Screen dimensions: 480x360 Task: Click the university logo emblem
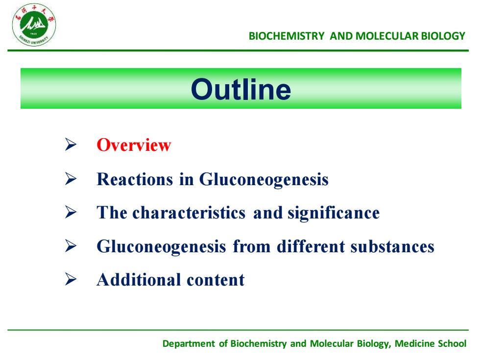tap(34, 25)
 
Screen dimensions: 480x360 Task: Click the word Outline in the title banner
tap(241, 89)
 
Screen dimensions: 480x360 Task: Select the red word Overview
tap(134, 145)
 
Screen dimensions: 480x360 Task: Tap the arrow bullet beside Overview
tap(71, 144)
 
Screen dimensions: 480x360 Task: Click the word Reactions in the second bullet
tap(135, 179)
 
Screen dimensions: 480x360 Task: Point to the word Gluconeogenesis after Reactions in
tap(264, 180)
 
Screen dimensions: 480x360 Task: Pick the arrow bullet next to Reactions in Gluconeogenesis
tap(71, 178)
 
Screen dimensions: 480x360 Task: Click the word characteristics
tap(189, 213)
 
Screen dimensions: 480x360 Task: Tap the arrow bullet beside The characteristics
tap(71, 212)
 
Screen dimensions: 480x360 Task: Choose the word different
tap(311, 246)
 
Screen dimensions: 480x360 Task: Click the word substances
tap(392, 246)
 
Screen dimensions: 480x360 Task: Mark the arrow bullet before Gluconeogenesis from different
tap(71, 246)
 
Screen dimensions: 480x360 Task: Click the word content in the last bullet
tap(216, 280)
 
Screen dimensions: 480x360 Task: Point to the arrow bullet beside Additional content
tap(71, 279)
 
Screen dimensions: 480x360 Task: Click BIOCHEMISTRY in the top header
tap(287, 36)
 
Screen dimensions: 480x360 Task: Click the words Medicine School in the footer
tap(431, 343)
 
